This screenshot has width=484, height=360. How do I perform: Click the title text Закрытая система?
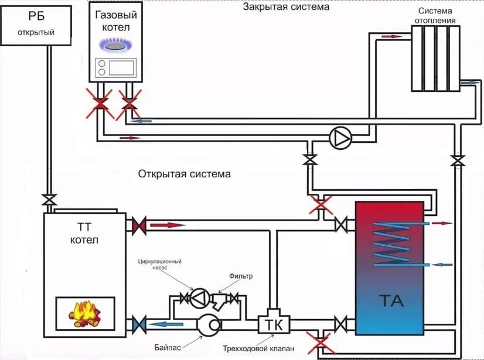click(286, 7)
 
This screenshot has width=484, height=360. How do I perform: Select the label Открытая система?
click(185, 174)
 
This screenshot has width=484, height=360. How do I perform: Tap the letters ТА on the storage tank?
click(390, 301)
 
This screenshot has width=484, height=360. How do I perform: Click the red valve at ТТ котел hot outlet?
click(139, 225)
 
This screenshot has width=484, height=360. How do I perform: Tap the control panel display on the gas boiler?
click(122, 67)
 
